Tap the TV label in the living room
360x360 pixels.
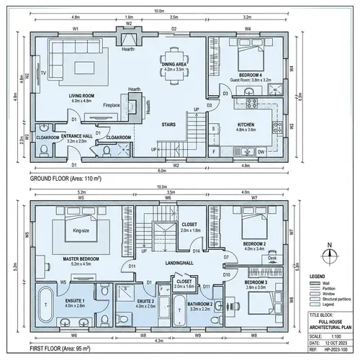[x=44, y=73]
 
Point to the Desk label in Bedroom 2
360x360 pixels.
[x=271, y=257]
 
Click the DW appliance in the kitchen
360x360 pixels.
[x=261, y=152]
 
